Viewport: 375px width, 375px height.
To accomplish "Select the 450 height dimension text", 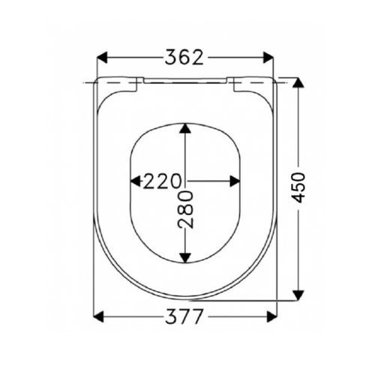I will [299, 188].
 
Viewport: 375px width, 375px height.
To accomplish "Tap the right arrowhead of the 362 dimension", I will [269, 58].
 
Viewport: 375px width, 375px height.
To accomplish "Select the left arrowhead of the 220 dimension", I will [136, 181].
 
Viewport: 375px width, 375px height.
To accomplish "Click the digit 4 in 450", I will [299, 202].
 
